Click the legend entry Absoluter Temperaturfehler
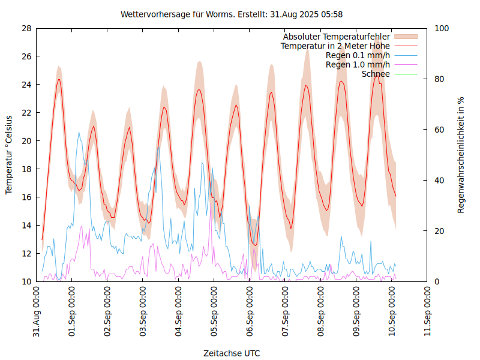pyautogui.click(x=336, y=37)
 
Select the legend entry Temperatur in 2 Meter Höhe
pyautogui.click(x=335, y=46)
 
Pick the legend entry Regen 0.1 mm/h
pyautogui.click(x=358, y=55)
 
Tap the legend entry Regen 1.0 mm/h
pyautogui.click(x=358, y=65)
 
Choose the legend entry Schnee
pyautogui.click(x=376, y=74)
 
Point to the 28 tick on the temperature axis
pyautogui.click(x=26, y=28)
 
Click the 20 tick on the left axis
pyautogui.click(x=26, y=141)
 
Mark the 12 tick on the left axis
pyautogui.click(x=26, y=254)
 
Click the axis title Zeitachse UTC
pyautogui.click(x=232, y=353)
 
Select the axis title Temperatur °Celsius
pyautogui.click(x=9, y=155)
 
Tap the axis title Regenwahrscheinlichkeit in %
pyautogui.click(x=461, y=155)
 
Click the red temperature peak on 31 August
pyautogui.click(x=59, y=79)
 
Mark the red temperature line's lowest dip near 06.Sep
pyautogui.click(x=255, y=245)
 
